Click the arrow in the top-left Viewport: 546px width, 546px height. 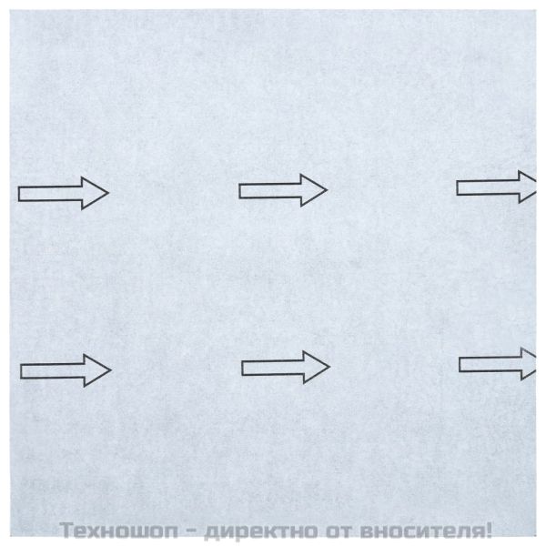point(64,193)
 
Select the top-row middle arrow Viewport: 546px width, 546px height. point(282,190)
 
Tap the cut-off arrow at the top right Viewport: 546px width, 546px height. point(496,187)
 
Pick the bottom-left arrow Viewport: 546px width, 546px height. point(66,369)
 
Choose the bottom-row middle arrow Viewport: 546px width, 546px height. point(285,367)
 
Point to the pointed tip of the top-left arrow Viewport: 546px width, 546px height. point(107,193)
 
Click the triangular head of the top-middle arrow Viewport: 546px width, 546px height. point(315,190)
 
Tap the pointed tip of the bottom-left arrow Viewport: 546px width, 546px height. point(109,369)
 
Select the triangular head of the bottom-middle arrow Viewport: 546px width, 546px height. point(318,367)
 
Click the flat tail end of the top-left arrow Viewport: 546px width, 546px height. point(21,193)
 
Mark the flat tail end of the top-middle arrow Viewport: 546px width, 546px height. point(241,190)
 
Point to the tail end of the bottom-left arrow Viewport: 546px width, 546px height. point(23,369)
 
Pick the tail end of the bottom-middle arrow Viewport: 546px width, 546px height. point(244,367)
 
